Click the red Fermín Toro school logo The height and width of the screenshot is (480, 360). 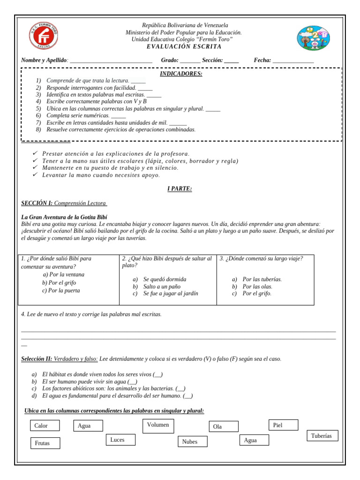[x=45, y=36]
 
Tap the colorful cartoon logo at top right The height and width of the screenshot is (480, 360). [x=314, y=38]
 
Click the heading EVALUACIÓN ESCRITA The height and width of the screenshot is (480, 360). [x=184, y=46]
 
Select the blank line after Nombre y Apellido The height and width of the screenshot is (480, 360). [x=111, y=60]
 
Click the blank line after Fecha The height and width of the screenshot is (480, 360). [x=293, y=60]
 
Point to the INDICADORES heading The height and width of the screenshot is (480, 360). [x=181, y=74]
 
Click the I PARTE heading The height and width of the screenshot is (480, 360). [x=180, y=188]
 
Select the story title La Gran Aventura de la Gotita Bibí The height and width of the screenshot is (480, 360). [x=64, y=217]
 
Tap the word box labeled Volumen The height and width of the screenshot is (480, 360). [x=158, y=426]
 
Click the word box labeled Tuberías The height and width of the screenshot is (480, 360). [x=322, y=436]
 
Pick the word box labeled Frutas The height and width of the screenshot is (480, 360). [x=46, y=442]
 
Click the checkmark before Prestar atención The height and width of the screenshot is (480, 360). [x=35, y=154]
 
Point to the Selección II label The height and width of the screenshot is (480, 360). [x=37, y=359]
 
